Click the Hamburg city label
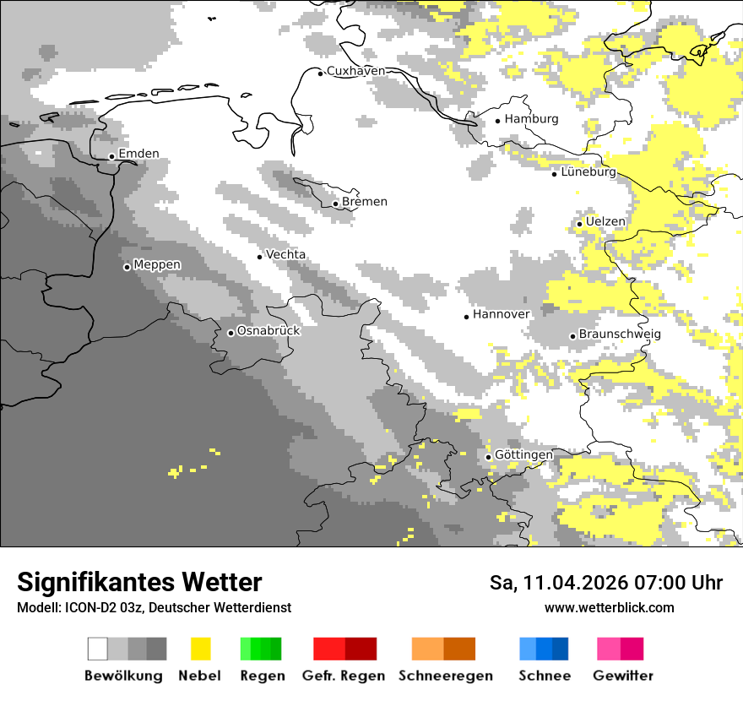coord(531,119)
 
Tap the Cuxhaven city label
coord(355,71)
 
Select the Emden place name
coord(138,154)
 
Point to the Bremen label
coord(365,202)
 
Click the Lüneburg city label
coord(588,172)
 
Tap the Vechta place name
coord(285,254)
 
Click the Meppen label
coord(157,265)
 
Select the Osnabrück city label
coord(268,331)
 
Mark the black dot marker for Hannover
coord(466,317)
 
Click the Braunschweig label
coord(620,334)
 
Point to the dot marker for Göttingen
coord(488,458)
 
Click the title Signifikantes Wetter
coord(139,582)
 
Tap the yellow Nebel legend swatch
coord(200,649)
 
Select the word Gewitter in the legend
coord(622,676)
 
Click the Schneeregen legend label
coord(445,676)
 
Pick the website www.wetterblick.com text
coord(609,607)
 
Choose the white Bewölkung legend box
coord(98,649)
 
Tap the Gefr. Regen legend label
coord(344,676)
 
